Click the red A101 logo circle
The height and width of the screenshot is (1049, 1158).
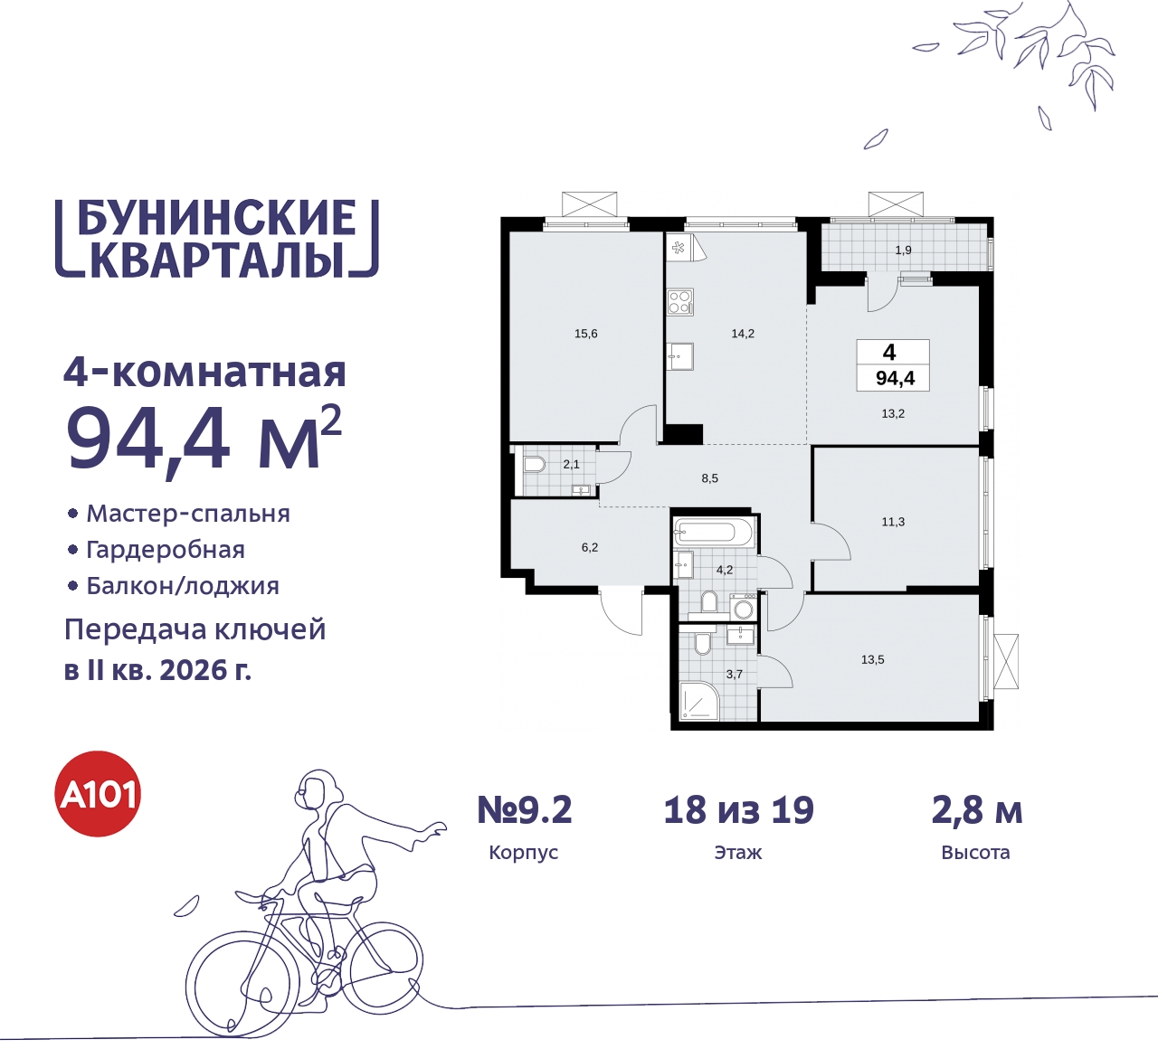click(99, 794)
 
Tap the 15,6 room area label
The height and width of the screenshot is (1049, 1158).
click(586, 334)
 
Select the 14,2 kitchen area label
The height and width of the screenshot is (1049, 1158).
click(743, 334)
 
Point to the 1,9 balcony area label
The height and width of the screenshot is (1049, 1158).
click(903, 250)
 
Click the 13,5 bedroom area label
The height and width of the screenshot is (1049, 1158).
click(873, 660)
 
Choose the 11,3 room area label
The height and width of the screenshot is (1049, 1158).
click(893, 522)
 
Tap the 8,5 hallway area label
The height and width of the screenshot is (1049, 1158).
click(709, 478)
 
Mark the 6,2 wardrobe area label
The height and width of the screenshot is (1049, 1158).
click(590, 547)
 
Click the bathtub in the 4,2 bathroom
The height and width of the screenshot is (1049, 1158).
click(713, 532)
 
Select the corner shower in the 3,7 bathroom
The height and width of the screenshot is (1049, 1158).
click(698, 702)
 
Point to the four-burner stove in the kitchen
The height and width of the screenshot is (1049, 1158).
click(680, 301)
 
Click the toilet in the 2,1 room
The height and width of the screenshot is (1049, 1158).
click(534, 465)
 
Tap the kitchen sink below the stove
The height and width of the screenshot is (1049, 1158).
click(680, 356)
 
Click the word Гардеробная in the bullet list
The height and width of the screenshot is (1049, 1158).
click(166, 550)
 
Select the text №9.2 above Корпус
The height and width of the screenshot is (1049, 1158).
click(525, 810)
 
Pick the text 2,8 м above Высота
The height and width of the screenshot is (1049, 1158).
click(977, 810)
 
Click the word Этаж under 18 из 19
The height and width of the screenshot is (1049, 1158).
click(738, 853)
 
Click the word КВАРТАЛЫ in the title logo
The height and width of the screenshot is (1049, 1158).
click(217, 260)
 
